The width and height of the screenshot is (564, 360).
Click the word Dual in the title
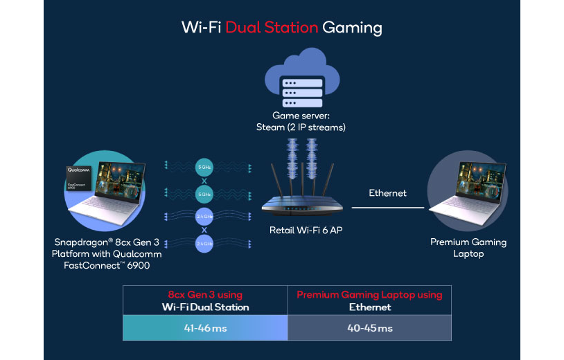click(230, 28)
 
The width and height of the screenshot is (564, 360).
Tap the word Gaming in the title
click(352, 28)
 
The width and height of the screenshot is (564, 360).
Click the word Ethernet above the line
click(388, 193)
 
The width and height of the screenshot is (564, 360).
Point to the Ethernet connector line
click(388, 207)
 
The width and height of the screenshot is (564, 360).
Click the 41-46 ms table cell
click(205, 327)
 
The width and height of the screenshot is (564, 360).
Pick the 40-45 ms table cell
click(369, 327)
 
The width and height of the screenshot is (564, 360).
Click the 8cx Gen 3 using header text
click(205, 294)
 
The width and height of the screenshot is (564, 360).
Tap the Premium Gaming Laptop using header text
click(369, 294)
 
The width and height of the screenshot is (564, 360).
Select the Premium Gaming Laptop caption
click(468, 248)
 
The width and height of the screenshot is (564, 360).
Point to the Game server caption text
click(301, 122)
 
